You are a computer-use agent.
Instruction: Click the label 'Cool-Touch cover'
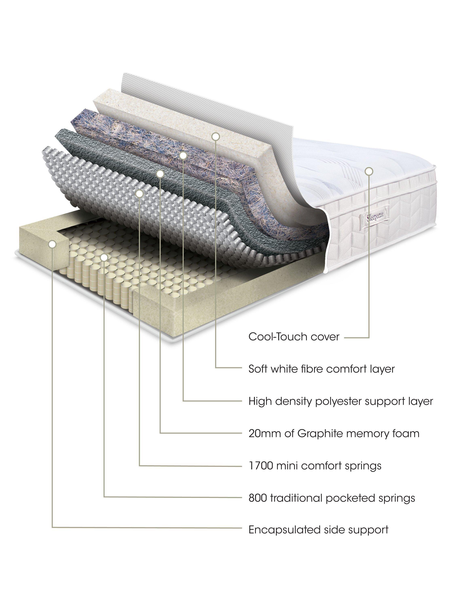[294, 337]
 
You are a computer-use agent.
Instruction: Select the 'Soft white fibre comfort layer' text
[322, 369]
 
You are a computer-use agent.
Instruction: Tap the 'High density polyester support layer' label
[341, 401]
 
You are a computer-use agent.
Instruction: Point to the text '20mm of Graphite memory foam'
[334, 434]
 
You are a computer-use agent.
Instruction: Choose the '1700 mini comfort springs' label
[315, 466]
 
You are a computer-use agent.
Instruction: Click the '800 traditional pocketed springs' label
[332, 498]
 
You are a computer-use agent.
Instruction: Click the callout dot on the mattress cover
[369, 171]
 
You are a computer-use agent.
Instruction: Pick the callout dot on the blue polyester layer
[183, 156]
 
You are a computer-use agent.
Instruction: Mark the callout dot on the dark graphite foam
[160, 173]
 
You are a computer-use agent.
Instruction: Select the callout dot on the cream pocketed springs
[104, 257]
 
